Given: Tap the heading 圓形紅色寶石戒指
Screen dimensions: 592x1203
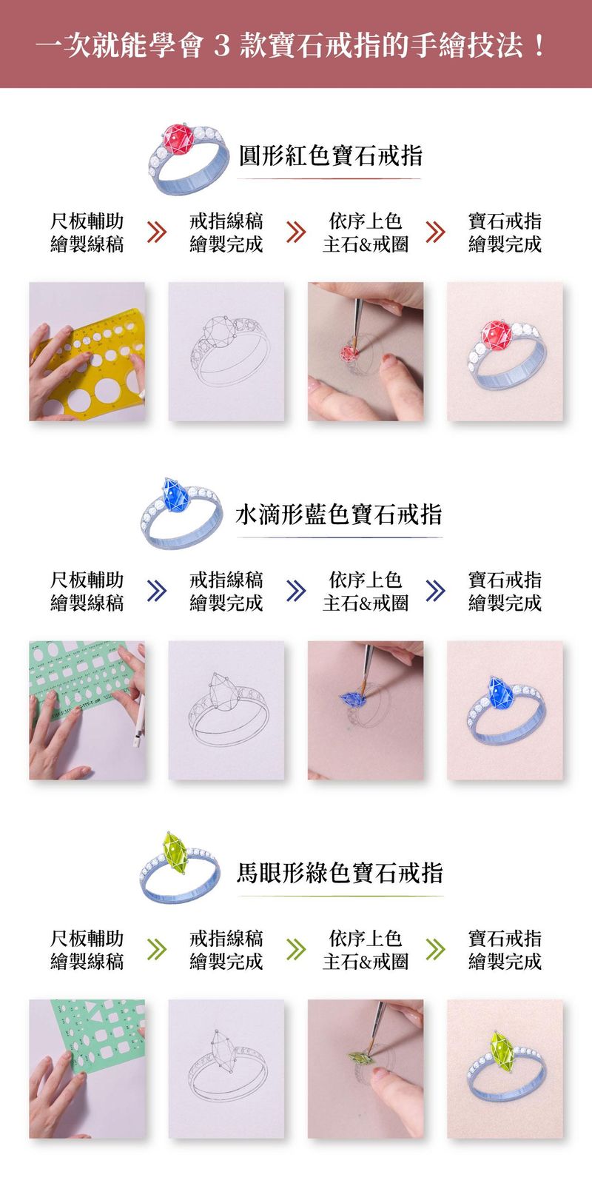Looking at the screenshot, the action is tap(330, 155).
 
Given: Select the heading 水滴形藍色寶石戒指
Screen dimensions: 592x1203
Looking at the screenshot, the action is tap(339, 514).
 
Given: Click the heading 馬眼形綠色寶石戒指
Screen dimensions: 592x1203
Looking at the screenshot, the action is tap(340, 873).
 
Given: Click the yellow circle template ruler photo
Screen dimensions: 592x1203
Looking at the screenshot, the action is tap(87, 351).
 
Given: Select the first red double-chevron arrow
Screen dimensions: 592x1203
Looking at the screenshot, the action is tap(157, 232).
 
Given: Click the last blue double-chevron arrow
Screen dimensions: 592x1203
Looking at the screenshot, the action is tap(435, 591).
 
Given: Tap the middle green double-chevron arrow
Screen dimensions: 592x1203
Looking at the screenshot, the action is tap(296, 950).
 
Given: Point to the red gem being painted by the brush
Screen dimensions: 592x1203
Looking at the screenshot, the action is tap(349, 353).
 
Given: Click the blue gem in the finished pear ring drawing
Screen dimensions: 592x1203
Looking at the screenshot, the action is tap(500, 693).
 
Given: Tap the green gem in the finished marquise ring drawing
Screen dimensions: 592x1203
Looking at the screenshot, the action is tap(502, 1051).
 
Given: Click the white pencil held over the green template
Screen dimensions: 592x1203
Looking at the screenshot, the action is tap(139, 720).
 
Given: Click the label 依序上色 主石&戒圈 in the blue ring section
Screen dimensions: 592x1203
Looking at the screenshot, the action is tap(366, 592).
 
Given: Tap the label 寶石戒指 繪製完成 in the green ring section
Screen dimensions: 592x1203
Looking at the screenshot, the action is tap(505, 950).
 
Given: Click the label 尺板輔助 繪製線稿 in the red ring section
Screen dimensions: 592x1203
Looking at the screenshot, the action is tap(87, 232).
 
